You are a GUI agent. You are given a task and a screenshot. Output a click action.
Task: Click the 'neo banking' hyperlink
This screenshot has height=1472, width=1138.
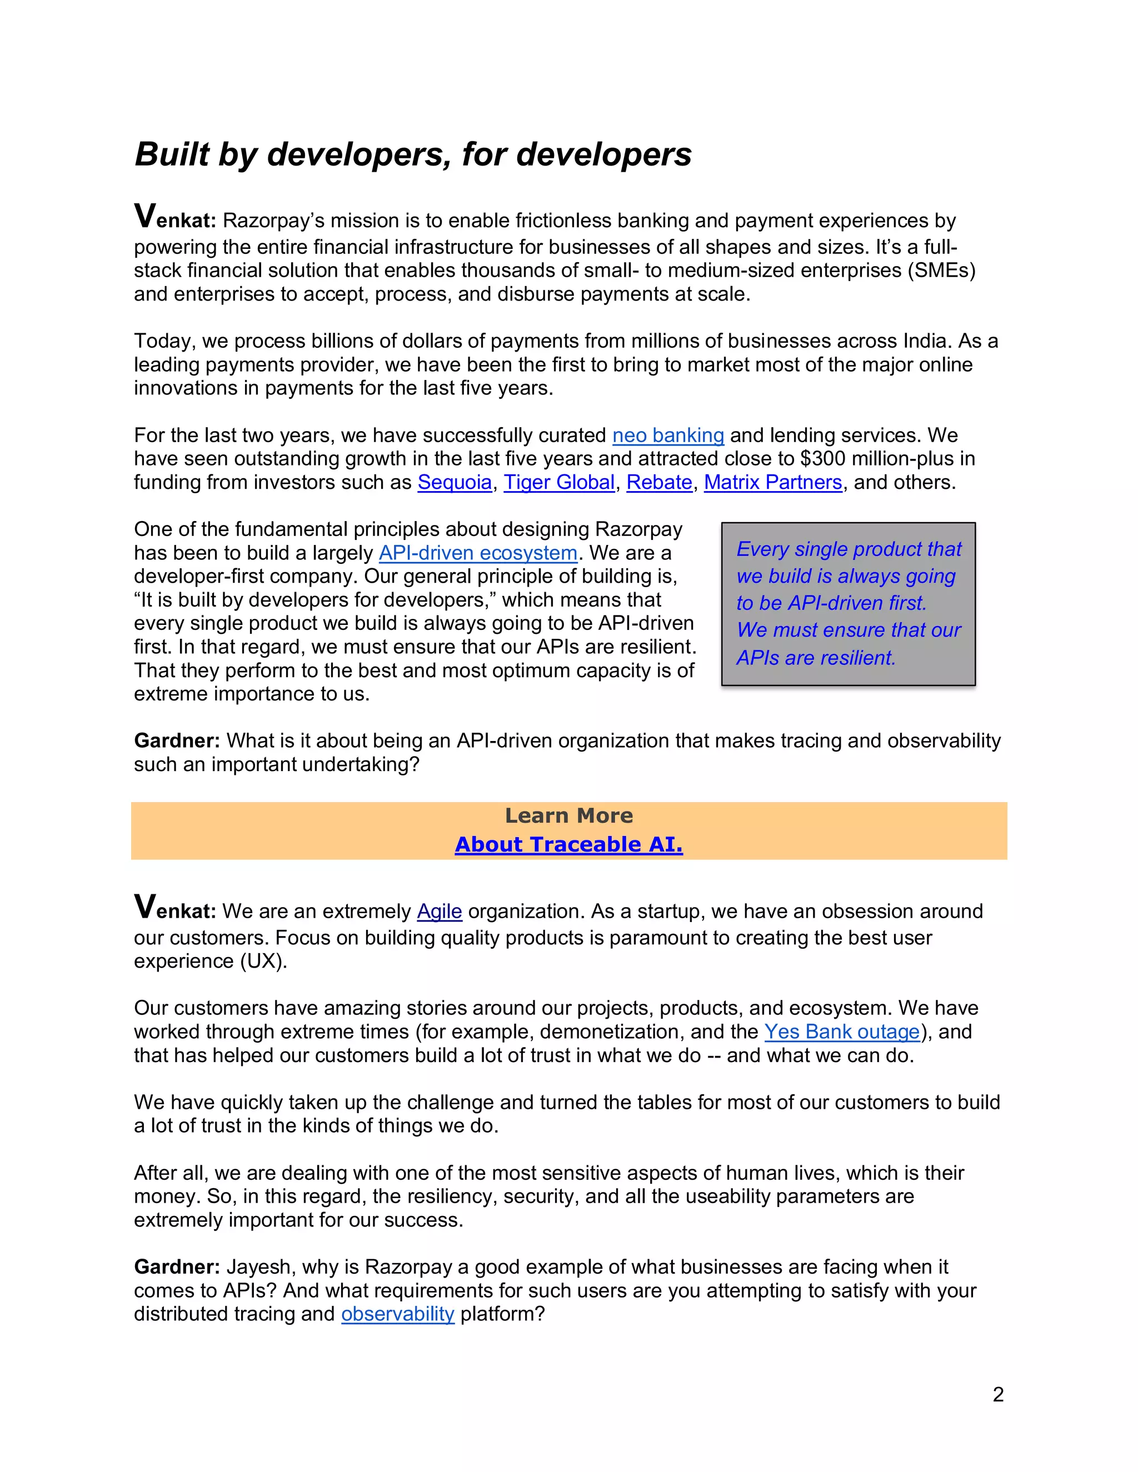click(667, 435)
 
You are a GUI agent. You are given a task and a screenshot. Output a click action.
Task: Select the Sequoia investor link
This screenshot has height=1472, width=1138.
click(455, 483)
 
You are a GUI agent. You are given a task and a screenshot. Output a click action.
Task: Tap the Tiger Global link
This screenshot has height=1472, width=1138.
click(559, 483)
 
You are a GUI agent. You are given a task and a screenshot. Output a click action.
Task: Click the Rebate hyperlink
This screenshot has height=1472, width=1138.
click(658, 483)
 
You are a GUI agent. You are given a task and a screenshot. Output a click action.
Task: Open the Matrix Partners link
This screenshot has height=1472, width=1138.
click(772, 483)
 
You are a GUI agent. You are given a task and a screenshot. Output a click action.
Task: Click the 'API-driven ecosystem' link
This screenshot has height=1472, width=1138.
click(478, 553)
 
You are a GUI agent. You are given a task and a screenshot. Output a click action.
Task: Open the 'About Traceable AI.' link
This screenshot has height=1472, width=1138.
click(568, 844)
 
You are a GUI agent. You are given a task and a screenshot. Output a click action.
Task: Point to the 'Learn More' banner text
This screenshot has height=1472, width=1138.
click(568, 816)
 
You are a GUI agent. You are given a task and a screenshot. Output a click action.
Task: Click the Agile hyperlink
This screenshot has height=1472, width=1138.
click(439, 911)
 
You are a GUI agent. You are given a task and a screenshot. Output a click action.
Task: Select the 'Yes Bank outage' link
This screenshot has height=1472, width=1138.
click(842, 1032)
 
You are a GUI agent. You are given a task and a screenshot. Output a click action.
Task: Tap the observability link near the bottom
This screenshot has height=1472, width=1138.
click(398, 1314)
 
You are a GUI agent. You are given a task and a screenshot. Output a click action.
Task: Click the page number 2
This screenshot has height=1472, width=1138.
click(998, 1394)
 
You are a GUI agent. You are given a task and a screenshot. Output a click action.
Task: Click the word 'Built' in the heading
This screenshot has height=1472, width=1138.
click(172, 154)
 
